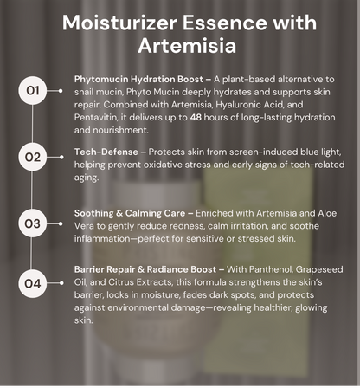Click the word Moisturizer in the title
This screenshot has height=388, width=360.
coord(119,23)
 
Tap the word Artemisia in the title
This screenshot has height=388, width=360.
coord(187,46)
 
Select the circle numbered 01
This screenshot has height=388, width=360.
coord(33,91)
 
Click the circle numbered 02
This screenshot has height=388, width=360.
coord(33,157)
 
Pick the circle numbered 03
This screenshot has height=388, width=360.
coord(33,223)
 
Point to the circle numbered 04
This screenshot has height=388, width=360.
coord(33,283)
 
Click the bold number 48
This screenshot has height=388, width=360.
coord(196,118)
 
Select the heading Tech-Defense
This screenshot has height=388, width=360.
coord(106,152)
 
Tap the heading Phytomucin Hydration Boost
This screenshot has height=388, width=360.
coord(138,80)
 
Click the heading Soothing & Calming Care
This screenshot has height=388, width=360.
coord(130,213)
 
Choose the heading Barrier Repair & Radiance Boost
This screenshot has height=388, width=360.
coord(145,269)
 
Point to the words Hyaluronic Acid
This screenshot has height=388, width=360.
coord(249,105)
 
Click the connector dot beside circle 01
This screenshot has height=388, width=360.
coord(61,91)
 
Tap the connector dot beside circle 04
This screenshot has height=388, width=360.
coord(61,283)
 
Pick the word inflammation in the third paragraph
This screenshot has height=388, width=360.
coord(102,239)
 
